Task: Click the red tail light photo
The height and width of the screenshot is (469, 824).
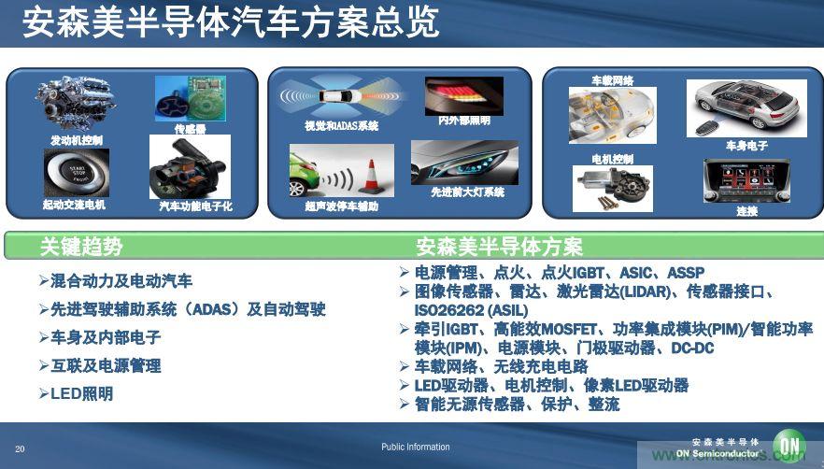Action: [463, 94]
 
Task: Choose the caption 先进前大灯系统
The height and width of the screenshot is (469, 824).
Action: [467, 192]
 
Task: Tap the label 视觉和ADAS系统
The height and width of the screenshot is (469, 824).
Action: [341, 125]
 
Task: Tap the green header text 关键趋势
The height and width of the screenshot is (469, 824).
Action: [80, 247]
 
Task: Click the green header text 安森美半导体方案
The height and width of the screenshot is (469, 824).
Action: [499, 247]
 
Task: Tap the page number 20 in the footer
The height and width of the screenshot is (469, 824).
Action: [20, 448]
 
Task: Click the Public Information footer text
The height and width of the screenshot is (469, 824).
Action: [415, 448]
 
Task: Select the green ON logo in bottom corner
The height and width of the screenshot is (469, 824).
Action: [789, 447]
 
